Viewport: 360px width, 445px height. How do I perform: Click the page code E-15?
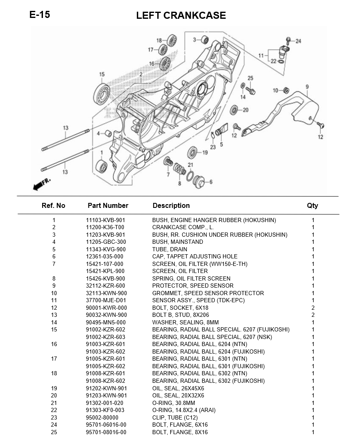[x=40, y=15]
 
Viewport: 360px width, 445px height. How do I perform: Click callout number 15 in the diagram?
[x=102, y=75]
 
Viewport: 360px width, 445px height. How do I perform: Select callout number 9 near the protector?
[x=307, y=87]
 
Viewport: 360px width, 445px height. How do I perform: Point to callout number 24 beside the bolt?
[x=298, y=41]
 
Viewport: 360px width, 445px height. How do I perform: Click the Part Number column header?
[x=108, y=205]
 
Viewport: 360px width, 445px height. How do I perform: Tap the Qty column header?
[x=312, y=205]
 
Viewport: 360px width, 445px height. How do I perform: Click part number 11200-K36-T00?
[x=105, y=228]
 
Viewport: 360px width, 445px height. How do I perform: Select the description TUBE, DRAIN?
[x=170, y=249]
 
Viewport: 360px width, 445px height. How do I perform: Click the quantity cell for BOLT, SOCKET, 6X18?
[x=313, y=308]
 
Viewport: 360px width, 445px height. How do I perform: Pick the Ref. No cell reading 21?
[x=54, y=403]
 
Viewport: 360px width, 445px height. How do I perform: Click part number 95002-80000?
[x=102, y=417]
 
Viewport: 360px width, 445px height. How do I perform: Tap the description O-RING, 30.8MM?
[x=174, y=403]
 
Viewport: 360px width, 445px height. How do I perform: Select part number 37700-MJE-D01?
[x=106, y=301]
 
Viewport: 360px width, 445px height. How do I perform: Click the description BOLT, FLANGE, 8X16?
[x=180, y=432]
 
